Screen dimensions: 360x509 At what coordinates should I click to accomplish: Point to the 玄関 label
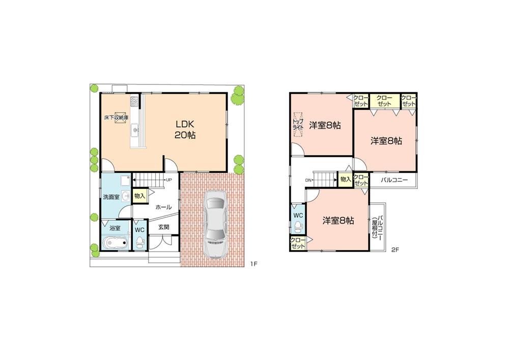tap(163, 227)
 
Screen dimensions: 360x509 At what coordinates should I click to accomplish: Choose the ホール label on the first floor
tap(163, 207)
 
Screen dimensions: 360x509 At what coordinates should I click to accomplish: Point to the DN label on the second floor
tap(308, 180)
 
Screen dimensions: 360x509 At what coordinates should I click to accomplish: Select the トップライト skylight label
tap(297, 125)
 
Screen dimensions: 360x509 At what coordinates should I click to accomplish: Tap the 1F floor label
tap(254, 264)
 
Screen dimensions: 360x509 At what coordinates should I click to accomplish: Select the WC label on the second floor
tap(298, 215)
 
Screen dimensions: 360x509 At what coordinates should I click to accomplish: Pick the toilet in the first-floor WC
tap(139, 242)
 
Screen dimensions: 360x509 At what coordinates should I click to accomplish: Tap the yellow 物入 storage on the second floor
tap(345, 179)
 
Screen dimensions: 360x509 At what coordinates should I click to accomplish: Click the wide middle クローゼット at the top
tap(384, 100)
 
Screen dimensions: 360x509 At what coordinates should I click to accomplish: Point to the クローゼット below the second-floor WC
tap(298, 243)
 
